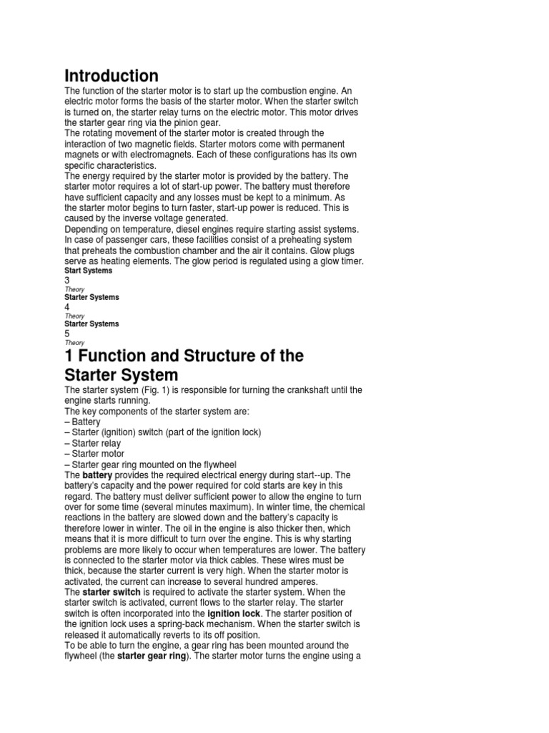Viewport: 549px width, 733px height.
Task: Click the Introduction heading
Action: (112, 75)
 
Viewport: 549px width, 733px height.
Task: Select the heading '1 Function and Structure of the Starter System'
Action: (184, 365)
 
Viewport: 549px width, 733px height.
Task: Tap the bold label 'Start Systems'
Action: (88, 271)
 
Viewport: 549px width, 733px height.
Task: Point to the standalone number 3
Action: (67, 281)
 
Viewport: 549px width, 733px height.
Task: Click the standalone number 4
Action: (67, 306)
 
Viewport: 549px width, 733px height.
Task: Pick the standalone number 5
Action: (67, 334)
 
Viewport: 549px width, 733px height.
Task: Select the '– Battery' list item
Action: (82, 422)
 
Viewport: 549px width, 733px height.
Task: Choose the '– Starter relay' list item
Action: (93, 443)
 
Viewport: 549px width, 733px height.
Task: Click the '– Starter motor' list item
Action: (94, 454)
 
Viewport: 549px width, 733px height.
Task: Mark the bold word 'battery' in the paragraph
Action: (97, 475)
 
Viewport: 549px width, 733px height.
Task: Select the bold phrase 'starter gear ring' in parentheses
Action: (152, 656)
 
